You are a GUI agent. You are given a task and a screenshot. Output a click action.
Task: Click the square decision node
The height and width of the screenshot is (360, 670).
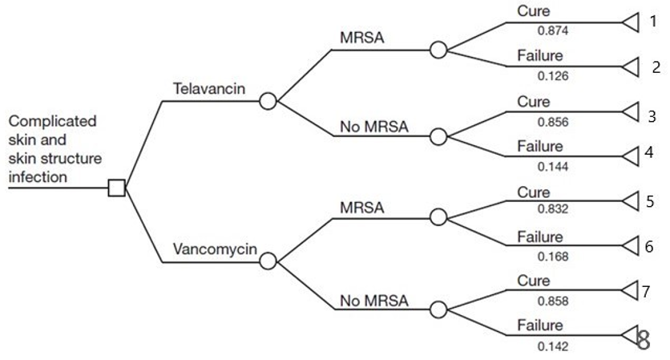click(117, 188)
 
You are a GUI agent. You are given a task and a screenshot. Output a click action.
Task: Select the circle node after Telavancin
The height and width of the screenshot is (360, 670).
click(268, 101)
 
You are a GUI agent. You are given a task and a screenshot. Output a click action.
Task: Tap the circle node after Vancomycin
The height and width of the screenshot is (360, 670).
click(268, 261)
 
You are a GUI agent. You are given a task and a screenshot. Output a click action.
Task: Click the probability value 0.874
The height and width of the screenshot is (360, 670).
click(552, 30)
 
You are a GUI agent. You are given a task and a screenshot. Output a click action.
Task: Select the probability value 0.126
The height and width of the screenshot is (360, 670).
click(552, 76)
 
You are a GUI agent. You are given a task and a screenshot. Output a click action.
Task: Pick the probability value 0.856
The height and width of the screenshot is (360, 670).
click(552, 120)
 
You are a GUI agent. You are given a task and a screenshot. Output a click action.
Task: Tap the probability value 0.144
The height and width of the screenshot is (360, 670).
click(552, 167)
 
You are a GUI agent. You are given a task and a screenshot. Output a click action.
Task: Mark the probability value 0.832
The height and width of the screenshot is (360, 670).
click(552, 210)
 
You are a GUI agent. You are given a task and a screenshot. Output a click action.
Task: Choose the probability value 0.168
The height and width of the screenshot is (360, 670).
click(552, 257)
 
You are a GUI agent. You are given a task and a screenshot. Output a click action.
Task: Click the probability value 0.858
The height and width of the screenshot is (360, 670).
click(552, 301)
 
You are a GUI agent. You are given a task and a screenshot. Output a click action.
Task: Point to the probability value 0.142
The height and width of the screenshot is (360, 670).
click(552, 346)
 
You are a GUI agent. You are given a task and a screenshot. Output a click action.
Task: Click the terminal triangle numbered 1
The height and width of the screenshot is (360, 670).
click(630, 22)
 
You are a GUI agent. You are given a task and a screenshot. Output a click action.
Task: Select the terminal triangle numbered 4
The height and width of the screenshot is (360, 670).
click(630, 153)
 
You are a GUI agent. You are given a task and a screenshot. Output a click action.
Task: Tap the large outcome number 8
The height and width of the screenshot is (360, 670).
click(643, 340)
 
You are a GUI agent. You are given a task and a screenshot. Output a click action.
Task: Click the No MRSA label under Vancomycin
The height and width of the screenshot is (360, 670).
click(373, 301)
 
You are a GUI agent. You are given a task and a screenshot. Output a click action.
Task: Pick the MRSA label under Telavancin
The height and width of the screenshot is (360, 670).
click(362, 38)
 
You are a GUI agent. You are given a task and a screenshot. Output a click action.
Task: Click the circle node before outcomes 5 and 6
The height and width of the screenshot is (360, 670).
click(438, 217)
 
